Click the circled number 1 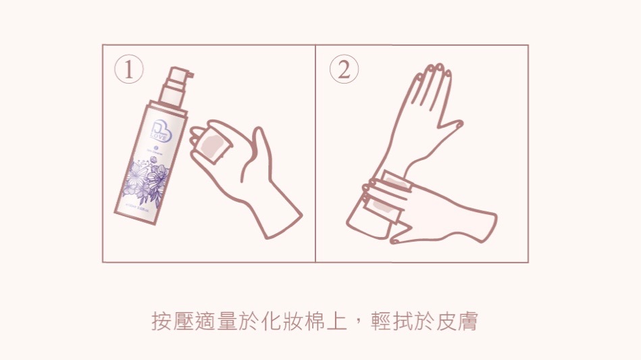(128, 70)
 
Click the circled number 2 (344, 70)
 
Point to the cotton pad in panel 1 (215, 144)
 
